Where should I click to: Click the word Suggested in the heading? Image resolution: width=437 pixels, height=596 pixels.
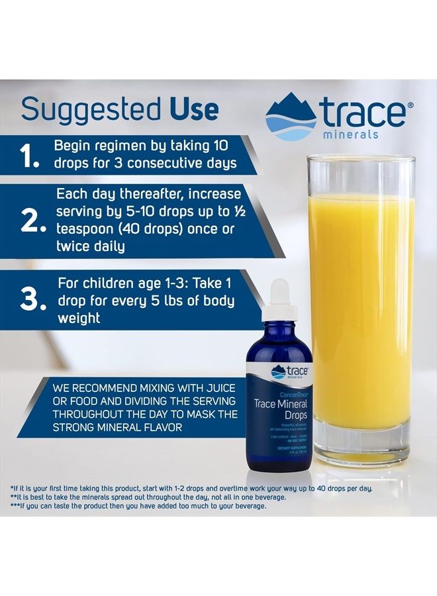pos(90,110)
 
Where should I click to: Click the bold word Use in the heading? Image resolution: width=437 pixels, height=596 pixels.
pos(193,110)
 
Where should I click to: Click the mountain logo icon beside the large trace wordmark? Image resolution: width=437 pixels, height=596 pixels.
pos(291,117)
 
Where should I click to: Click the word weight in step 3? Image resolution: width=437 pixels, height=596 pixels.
pos(79,318)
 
